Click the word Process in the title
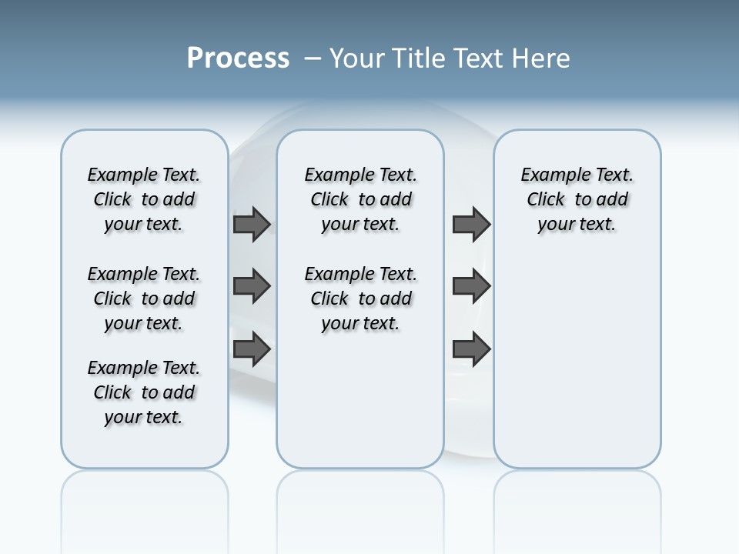[238, 58]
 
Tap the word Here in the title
[542, 58]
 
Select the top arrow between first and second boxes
[252, 224]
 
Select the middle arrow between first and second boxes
[252, 286]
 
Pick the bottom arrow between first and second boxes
[252, 349]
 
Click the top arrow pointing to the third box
[471, 224]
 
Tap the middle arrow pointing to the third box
[471, 286]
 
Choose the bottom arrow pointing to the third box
[471, 349]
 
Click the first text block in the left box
[144, 199]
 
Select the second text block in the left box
[144, 299]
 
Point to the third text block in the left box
[144, 392]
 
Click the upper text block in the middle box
[360, 199]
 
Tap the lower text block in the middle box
[360, 299]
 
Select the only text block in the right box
[577, 199]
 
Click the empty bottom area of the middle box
[360, 408]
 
